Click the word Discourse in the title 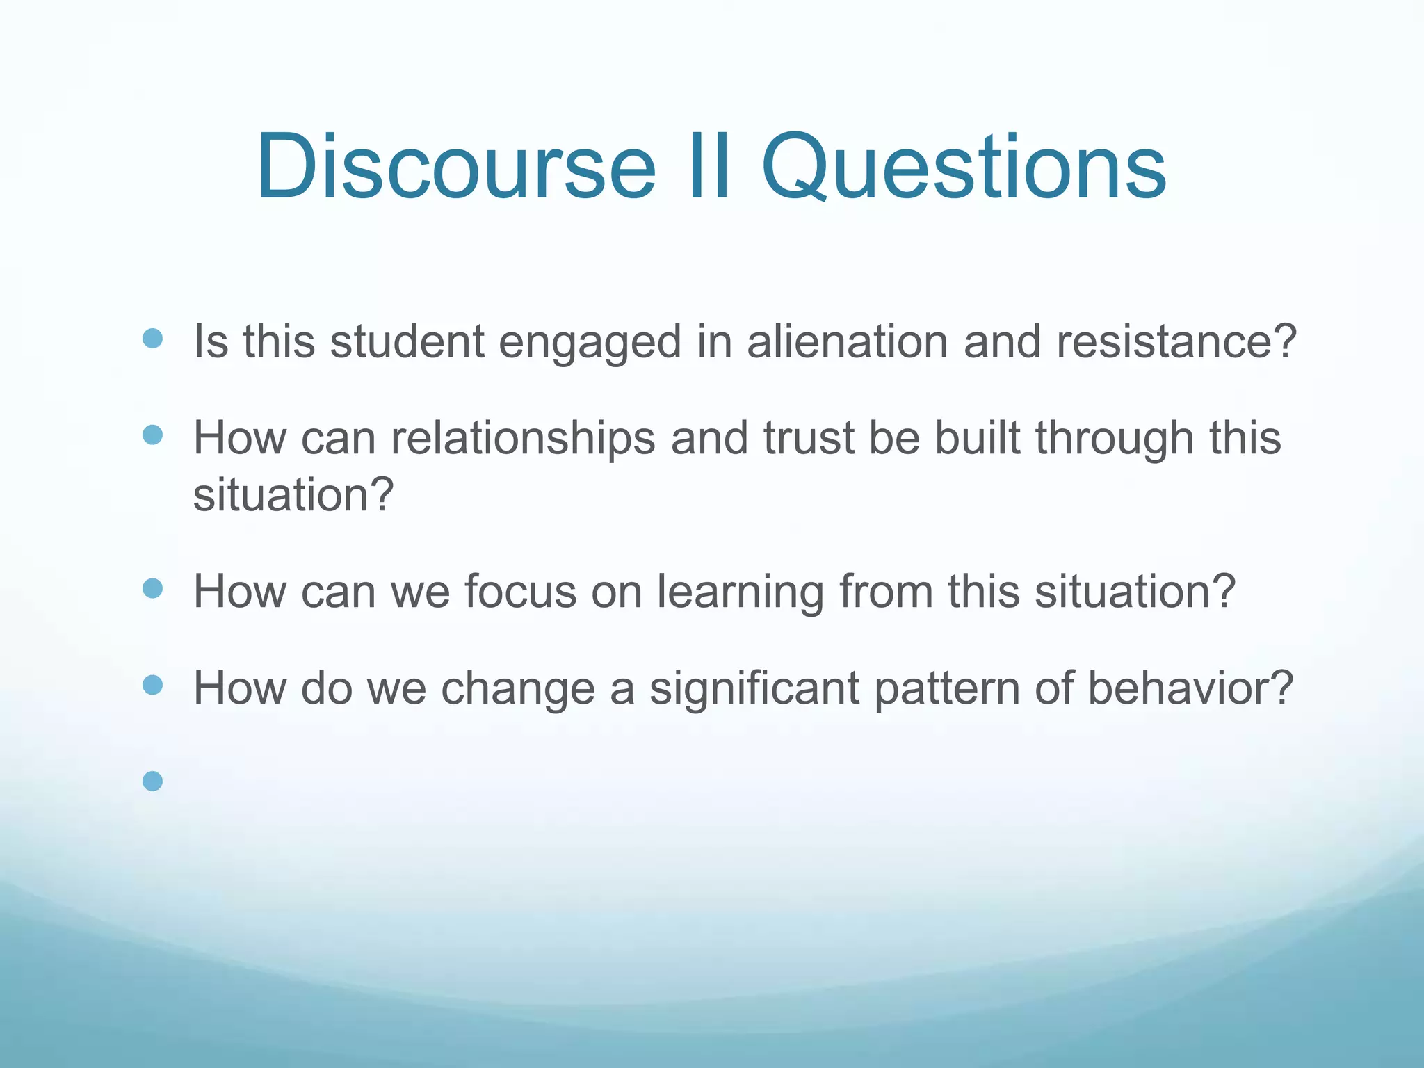click(455, 167)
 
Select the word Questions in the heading click(964, 167)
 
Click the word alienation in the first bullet click(847, 342)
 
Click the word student click(407, 342)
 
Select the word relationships click(523, 438)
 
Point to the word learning click(741, 592)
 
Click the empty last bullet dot click(152, 782)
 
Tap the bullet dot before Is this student click(152, 339)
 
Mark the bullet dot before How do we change click(152, 686)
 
